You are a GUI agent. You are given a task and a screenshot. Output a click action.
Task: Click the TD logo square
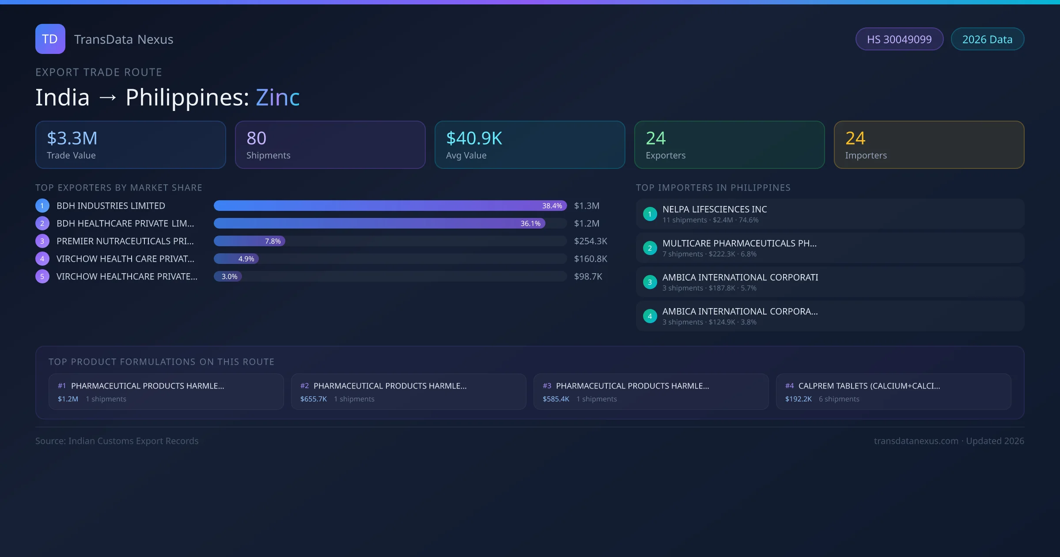coord(50,39)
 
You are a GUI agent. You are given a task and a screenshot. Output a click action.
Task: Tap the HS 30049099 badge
coord(899,39)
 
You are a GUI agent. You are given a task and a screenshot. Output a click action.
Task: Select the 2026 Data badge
coord(987,39)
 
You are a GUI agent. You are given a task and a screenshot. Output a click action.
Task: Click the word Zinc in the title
coord(278,97)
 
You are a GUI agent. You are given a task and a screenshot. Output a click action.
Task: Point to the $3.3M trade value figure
coord(72,138)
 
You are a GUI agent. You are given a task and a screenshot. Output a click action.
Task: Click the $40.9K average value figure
coord(474,138)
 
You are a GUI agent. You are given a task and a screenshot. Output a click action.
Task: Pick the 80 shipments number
coord(256,138)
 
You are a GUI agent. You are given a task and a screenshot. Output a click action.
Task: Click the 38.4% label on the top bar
coord(552,206)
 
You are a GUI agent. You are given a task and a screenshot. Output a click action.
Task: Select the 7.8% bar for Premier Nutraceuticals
coord(250,241)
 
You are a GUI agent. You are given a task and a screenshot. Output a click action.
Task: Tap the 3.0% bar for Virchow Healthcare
coord(228,276)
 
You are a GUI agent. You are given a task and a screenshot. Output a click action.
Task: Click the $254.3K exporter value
coord(591,241)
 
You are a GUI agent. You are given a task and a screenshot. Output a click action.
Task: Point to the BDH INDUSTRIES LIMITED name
coord(111,206)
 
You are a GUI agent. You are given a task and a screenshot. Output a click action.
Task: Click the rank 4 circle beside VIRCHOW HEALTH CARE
coord(42,259)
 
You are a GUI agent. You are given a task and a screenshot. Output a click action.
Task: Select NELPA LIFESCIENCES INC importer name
coord(715,209)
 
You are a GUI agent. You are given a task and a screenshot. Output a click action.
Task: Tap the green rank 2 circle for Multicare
coord(650,248)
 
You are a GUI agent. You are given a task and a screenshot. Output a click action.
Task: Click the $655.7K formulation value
coord(314,399)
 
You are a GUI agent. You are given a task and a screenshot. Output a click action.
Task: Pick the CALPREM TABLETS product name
coord(869,385)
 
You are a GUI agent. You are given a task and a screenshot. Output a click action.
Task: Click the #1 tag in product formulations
coord(62,385)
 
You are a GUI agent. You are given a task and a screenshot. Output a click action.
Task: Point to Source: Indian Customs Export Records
coord(117,441)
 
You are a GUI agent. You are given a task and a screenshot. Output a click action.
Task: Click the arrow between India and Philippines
coord(108,98)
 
